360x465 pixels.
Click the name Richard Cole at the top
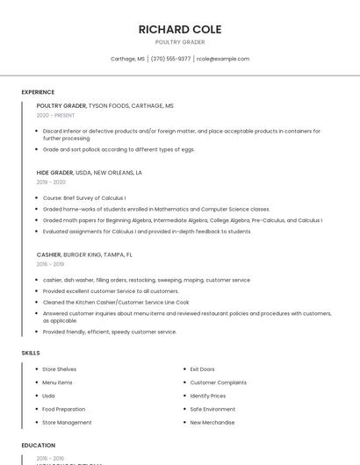180,29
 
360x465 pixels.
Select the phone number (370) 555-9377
170,59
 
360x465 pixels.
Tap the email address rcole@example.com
223,59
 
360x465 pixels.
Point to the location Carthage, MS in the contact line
127,59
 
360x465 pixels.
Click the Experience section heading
38,92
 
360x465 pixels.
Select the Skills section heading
31,353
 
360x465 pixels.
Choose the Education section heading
39,446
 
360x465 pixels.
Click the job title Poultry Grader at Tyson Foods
61,105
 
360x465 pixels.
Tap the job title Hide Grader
55,173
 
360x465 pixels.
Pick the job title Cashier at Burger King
49,254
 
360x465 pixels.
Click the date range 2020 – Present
55,115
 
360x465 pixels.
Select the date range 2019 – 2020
51,182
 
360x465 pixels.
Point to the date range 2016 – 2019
50,264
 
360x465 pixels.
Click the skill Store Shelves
60,369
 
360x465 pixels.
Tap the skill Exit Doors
202,369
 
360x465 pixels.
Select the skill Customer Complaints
218,383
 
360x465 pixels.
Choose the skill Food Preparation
64,409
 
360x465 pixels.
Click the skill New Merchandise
212,422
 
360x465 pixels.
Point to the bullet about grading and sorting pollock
119,149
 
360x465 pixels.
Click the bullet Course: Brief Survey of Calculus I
84,198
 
